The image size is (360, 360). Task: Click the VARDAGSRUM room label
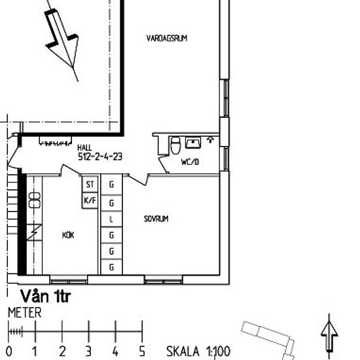pos(167,39)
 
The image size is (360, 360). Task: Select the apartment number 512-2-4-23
pos(100,157)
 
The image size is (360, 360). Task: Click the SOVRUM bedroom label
pos(156,219)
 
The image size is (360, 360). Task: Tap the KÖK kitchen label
pos(68,234)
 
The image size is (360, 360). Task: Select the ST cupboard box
pos(90,185)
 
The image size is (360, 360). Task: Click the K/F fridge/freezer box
pos(90,201)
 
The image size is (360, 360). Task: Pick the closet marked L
pos(111,219)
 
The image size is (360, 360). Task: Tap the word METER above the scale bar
pos(24,314)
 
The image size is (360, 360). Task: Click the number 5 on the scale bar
pos(142,351)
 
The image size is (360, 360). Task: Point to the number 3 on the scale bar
pos(88,351)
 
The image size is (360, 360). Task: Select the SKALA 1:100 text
pos(198,352)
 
